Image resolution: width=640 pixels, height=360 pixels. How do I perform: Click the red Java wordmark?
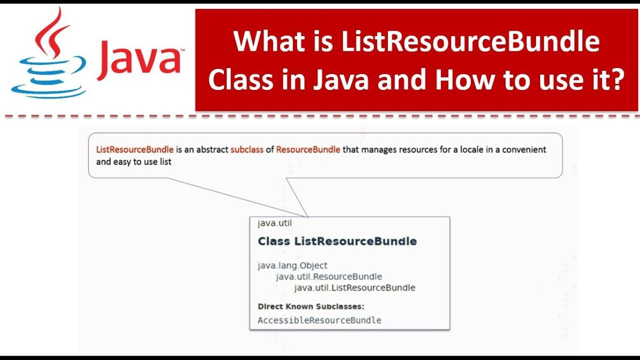pyautogui.click(x=139, y=60)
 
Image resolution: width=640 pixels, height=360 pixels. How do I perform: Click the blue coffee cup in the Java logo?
pyautogui.click(x=48, y=76)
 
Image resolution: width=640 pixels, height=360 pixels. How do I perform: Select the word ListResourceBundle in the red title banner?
pyautogui.click(x=470, y=41)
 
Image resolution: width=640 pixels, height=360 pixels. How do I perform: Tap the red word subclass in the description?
pyautogui.click(x=247, y=149)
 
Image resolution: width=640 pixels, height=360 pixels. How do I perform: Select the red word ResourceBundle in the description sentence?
pyautogui.click(x=308, y=149)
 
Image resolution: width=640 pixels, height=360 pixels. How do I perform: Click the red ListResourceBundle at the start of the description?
pyautogui.click(x=135, y=149)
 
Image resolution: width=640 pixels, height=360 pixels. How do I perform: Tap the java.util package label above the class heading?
pyautogui.click(x=274, y=223)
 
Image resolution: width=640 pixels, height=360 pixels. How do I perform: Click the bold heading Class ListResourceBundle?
pyautogui.click(x=337, y=241)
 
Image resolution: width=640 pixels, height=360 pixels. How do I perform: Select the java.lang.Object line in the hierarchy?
pyautogui.click(x=292, y=265)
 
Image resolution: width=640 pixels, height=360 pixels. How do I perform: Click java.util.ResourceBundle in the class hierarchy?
pyautogui.click(x=329, y=276)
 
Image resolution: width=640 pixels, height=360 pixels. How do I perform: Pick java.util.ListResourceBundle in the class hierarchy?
pyautogui.click(x=354, y=287)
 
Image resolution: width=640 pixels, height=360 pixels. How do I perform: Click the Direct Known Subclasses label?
pyautogui.click(x=311, y=306)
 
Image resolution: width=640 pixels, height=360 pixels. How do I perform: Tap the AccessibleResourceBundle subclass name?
pyautogui.click(x=319, y=320)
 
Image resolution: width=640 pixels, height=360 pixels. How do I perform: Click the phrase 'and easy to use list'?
pyautogui.click(x=133, y=161)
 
